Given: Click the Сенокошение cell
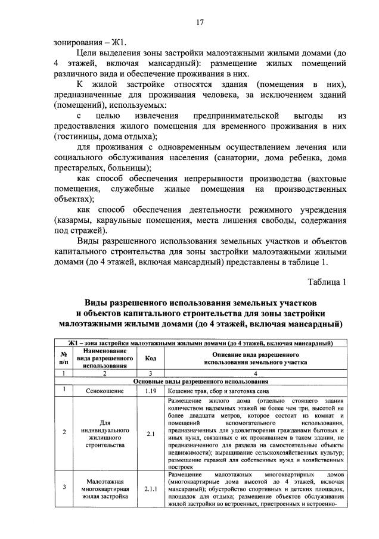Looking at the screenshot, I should (x=104, y=391).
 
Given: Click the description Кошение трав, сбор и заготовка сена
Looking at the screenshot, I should (x=218, y=391).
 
